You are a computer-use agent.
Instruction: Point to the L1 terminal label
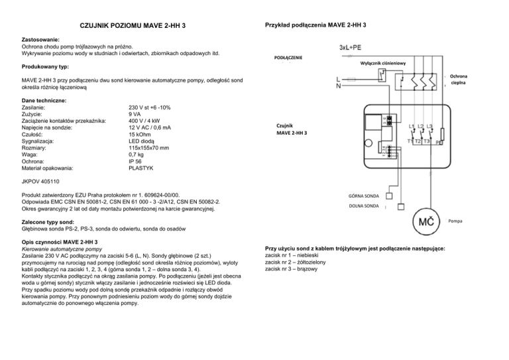(x=412, y=126)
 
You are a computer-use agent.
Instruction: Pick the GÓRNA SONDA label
(x=364, y=196)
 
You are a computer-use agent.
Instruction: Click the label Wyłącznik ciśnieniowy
(x=383, y=63)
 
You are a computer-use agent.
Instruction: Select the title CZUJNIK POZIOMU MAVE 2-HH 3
(x=133, y=26)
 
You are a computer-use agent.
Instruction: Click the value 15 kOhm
(x=141, y=134)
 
